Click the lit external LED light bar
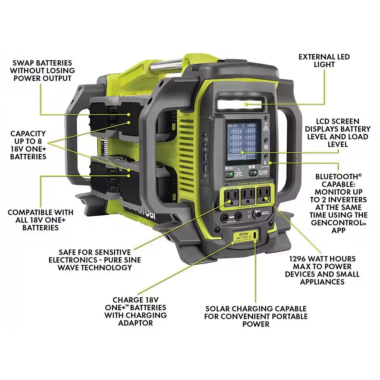point(238,103)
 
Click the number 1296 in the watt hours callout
point(298,259)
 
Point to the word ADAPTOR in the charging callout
point(136,323)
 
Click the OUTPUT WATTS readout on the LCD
point(243,156)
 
